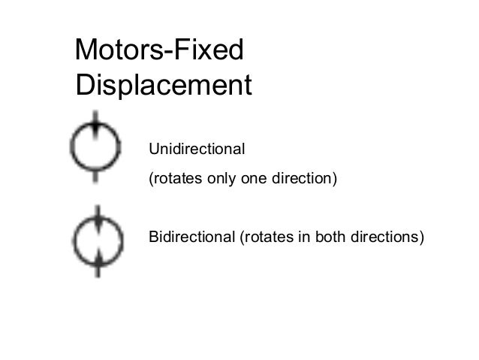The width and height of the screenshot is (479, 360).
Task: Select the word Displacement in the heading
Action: click(163, 85)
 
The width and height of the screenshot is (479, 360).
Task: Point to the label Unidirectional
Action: click(197, 148)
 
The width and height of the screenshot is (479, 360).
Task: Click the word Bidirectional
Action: click(191, 238)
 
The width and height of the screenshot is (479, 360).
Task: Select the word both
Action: click(332, 238)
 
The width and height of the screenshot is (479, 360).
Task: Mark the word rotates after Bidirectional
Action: click(266, 238)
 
